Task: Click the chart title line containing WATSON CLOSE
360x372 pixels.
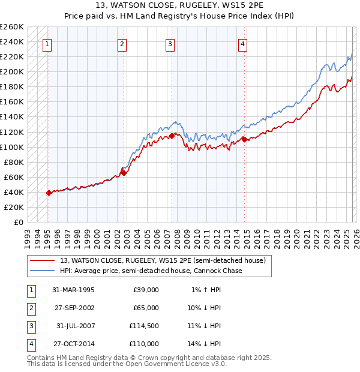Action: tap(180, 5)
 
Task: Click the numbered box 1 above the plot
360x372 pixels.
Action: tap(47, 43)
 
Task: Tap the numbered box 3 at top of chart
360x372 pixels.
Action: tap(170, 43)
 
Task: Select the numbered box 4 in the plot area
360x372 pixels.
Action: tap(242, 43)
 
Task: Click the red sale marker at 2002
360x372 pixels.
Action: tap(124, 173)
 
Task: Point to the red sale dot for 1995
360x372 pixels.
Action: tap(49, 193)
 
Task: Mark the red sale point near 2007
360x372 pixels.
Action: tap(172, 136)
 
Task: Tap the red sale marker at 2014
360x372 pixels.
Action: tap(244, 139)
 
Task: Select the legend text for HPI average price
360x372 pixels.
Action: tap(150, 271)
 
